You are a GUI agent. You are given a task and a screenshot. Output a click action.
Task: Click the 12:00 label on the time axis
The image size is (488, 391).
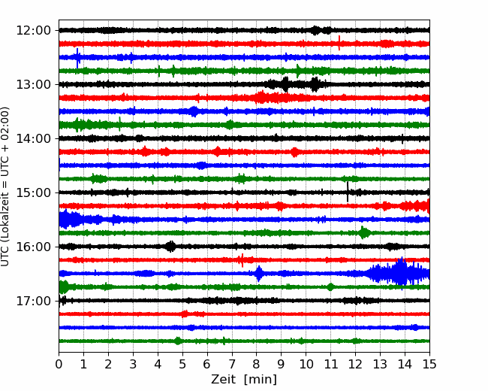click(x=33, y=31)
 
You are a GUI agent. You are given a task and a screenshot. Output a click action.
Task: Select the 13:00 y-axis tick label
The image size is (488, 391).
click(x=33, y=84)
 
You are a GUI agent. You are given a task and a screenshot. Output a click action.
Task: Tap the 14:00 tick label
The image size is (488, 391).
click(x=33, y=138)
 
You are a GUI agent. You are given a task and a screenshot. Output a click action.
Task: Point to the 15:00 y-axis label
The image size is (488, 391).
click(x=33, y=192)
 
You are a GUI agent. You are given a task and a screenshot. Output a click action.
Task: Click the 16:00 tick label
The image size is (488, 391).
click(x=33, y=247)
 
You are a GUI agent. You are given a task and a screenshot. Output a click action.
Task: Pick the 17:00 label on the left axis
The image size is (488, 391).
click(x=33, y=301)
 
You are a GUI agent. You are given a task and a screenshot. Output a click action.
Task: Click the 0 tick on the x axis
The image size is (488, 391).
click(x=59, y=364)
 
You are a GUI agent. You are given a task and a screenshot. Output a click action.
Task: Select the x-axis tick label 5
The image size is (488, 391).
click(x=182, y=364)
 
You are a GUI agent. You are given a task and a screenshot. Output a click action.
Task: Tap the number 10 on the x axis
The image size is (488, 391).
click(x=306, y=364)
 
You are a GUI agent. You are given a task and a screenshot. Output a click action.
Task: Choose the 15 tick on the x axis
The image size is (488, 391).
click(x=429, y=364)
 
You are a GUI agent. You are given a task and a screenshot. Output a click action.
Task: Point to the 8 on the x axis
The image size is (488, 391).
click(x=257, y=364)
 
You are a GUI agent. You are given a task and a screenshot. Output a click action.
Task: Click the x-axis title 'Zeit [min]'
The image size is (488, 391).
click(x=244, y=380)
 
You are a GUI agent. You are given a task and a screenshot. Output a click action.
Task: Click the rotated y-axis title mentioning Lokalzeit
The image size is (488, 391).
click(x=5, y=186)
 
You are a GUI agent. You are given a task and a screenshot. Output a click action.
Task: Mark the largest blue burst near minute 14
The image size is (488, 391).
click(x=400, y=272)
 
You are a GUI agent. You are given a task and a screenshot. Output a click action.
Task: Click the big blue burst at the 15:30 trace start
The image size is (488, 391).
click(x=70, y=220)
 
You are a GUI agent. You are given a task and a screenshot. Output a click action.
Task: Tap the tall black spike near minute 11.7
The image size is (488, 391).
click(x=348, y=192)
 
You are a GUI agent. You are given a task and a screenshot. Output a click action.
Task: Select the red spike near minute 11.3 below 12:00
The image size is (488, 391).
click(x=339, y=43)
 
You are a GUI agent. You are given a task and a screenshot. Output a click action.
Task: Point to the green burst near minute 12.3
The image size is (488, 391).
click(x=363, y=232)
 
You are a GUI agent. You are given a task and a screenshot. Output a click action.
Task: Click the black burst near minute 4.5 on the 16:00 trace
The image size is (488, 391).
click(x=170, y=247)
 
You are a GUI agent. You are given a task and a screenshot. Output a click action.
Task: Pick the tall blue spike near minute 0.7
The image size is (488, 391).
click(x=77, y=58)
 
